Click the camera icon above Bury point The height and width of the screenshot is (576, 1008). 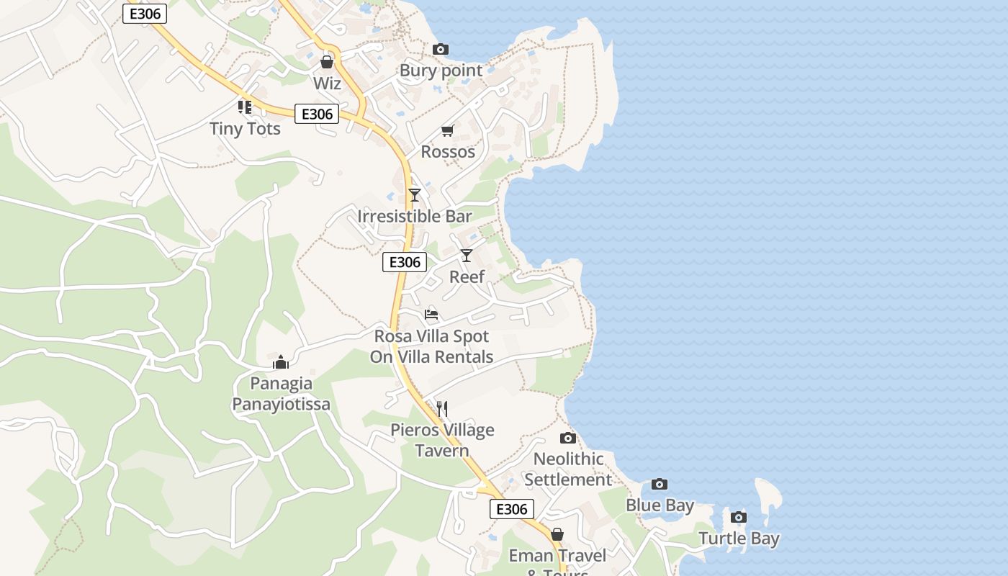(x=441, y=50)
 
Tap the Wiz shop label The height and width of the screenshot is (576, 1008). (x=327, y=84)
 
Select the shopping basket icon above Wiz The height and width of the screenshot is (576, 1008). (x=327, y=62)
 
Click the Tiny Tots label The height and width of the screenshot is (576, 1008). (x=245, y=129)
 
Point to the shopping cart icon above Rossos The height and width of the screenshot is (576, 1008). (x=448, y=130)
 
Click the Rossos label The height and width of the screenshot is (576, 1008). (x=448, y=152)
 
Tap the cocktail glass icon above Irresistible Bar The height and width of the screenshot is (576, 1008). (x=415, y=194)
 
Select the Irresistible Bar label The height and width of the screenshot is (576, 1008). (x=415, y=216)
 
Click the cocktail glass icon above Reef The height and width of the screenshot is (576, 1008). (x=467, y=255)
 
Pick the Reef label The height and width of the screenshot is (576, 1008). (x=467, y=276)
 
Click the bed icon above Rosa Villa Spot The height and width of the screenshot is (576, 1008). (x=431, y=314)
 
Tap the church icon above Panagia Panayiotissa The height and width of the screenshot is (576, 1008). (x=281, y=361)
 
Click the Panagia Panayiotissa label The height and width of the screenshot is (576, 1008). (x=281, y=394)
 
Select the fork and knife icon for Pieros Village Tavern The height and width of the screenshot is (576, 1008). (x=442, y=409)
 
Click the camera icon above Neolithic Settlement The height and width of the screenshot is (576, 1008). (x=568, y=438)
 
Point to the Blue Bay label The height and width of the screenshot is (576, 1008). (x=660, y=505)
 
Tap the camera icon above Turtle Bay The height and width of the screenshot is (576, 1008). (x=739, y=517)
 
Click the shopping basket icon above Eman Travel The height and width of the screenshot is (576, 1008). (x=557, y=534)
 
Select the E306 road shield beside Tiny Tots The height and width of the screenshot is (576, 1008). (x=317, y=114)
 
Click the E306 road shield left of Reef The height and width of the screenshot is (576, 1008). (x=405, y=262)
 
